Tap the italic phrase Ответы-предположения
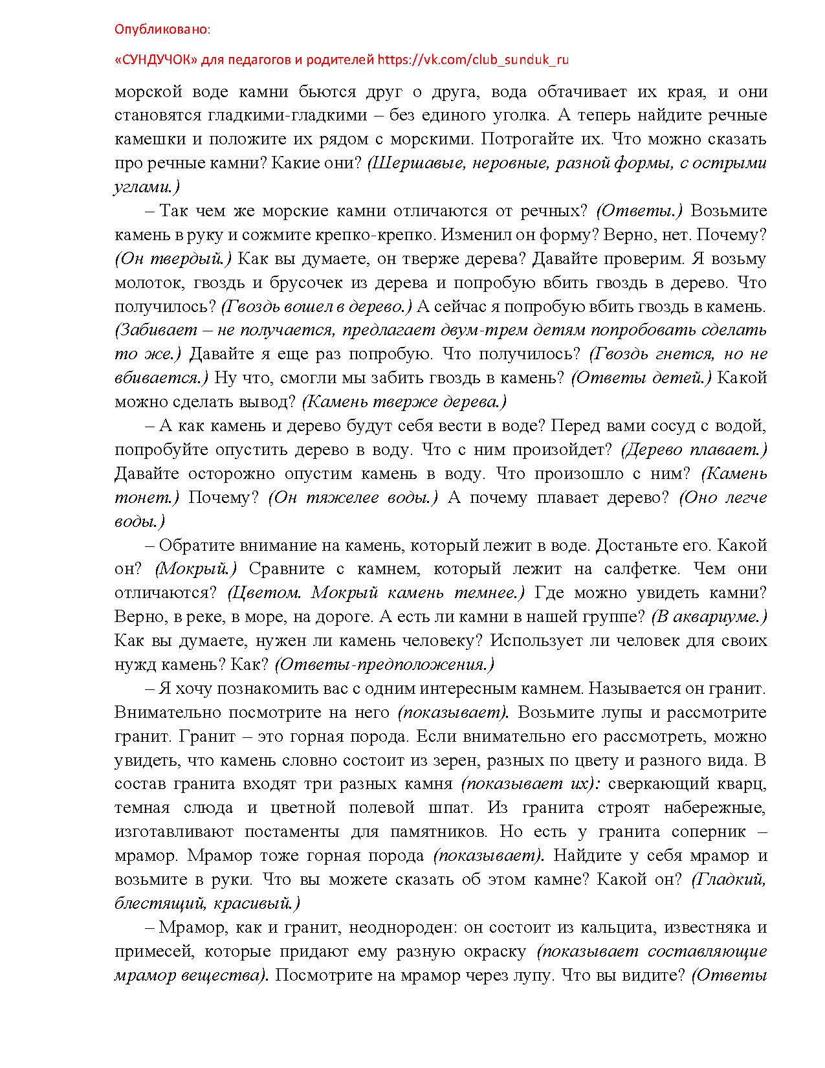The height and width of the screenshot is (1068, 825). coord(384,664)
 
